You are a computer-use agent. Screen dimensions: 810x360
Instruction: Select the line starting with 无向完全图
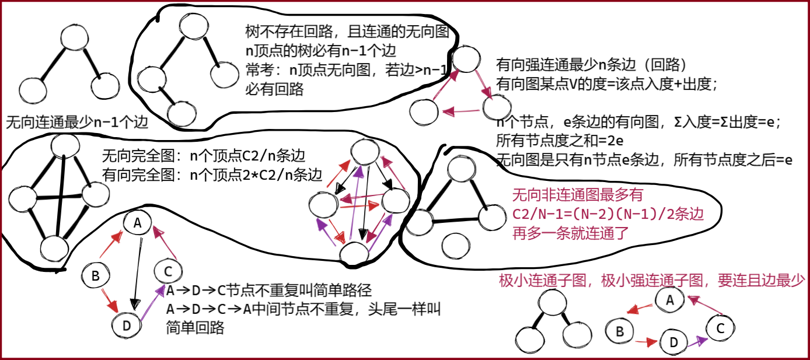204,156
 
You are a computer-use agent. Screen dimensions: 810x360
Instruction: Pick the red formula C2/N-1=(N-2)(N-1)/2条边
607,214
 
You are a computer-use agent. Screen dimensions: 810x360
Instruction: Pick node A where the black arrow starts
138,223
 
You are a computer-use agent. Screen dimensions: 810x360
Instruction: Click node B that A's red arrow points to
620,331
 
